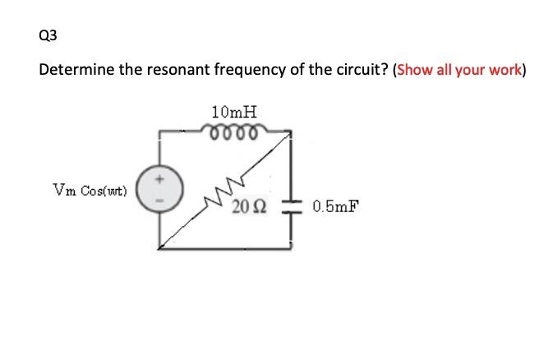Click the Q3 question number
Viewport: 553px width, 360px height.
[48, 35]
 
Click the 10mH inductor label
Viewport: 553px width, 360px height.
[233, 111]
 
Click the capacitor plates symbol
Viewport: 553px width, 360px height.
[293, 205]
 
